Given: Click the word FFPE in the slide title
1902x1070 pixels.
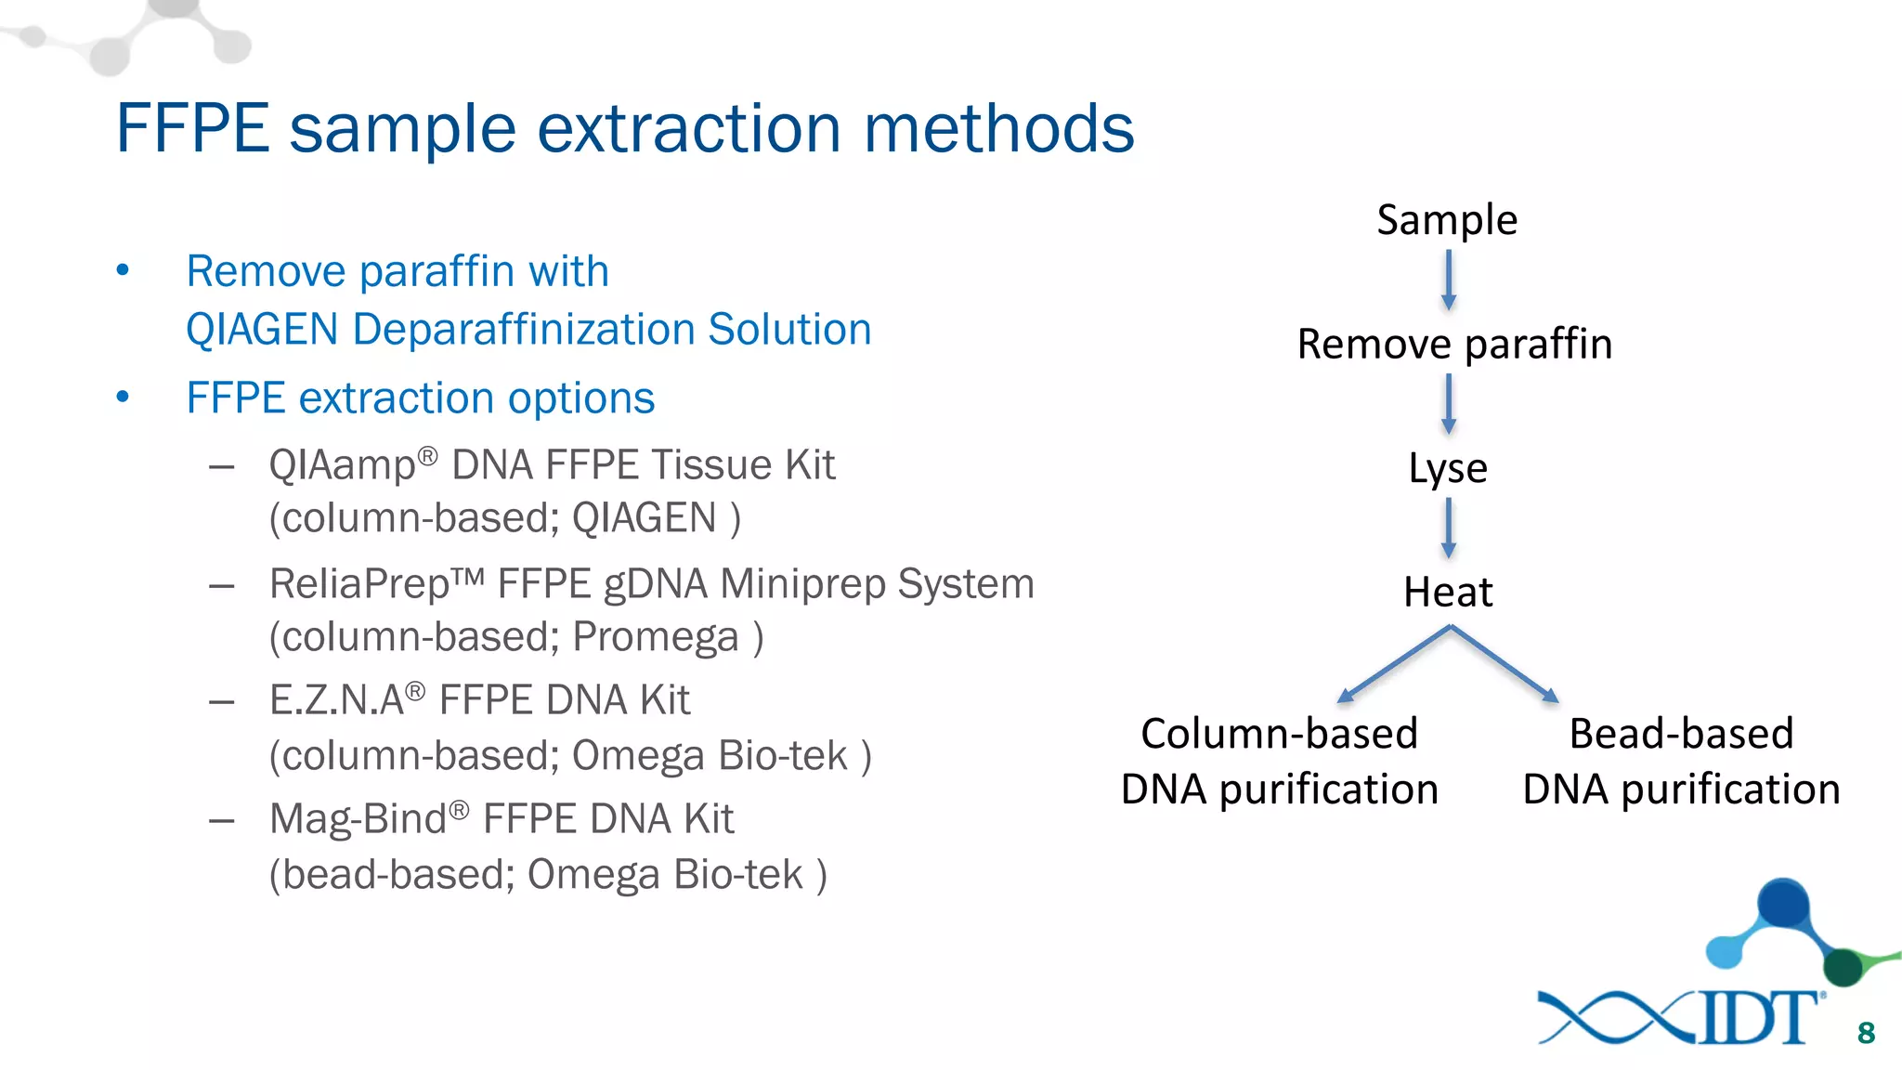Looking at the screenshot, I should coord(192,128).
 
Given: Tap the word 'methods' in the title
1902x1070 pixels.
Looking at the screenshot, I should coord(998,128).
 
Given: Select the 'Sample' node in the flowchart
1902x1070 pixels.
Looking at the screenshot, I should coord(1446,220).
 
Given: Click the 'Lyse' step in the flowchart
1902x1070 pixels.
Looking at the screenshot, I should coord(1447,468).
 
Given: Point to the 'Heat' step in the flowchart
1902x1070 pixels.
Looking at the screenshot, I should coord(1447,592).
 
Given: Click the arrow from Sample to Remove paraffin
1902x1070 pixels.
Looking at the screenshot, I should coord(1448,281).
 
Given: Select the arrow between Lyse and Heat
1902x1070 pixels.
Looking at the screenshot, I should coord(1448,528).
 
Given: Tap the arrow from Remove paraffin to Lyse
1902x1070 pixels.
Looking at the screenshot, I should coord(1448,404).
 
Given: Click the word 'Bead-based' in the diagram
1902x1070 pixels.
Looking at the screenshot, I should coord(1681,734).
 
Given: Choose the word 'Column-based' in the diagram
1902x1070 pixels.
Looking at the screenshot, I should coord(1279,734).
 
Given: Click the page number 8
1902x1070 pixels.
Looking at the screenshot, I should coord(1866,1033).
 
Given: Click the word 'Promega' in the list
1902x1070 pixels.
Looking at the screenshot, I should coord(656,637).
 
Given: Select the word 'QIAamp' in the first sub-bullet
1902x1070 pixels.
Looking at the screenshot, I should coord(342,465).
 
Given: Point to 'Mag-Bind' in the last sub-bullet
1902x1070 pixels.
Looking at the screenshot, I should coord(358,819).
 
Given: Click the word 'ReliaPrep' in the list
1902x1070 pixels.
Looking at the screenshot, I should coord(359,584).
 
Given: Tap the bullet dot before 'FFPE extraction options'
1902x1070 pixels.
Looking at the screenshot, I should coord(123,398).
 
